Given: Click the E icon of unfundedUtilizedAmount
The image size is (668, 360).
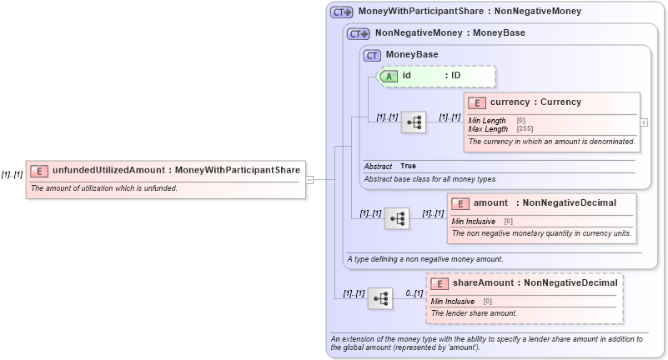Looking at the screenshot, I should coord(39,171).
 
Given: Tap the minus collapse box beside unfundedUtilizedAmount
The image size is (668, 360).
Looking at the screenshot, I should coord(309,179).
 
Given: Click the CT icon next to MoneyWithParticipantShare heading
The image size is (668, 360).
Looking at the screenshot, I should coord(342,12).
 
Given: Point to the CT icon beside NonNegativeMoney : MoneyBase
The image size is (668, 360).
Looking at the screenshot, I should coord(359,34).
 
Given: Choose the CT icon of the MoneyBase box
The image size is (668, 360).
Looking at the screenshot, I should coord(372,55).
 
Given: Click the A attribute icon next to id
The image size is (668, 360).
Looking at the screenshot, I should coord(389,76).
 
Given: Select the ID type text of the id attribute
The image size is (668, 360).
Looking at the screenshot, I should coord(455,76).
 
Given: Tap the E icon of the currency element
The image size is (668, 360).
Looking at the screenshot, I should coord(477,102).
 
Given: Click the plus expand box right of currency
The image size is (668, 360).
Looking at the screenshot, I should coord(644,122).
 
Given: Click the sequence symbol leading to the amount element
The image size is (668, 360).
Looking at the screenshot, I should coord(397,218).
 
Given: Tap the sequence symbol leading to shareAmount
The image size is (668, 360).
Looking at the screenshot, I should coord(380,298).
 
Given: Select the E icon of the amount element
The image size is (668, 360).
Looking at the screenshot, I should coord(460,203).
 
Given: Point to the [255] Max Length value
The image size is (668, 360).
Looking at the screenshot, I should coord(525,129).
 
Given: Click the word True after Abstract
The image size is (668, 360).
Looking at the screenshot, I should coord(408,167).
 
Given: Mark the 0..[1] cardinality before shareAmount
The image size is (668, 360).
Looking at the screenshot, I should coord(414,293).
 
